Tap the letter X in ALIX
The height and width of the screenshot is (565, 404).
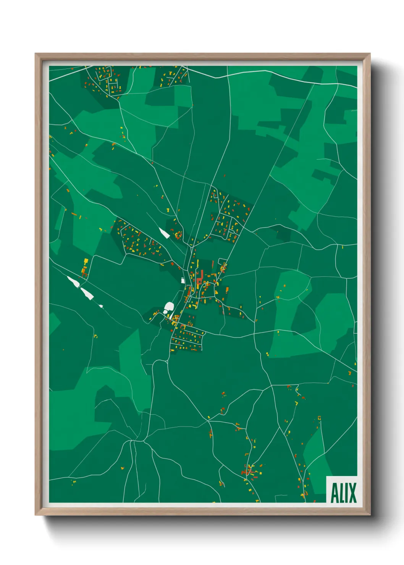point(352,493)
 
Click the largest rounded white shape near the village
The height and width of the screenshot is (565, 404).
point(169,306)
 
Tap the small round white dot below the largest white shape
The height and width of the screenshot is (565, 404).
point(165,312)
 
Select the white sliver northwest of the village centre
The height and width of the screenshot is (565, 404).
point(164,232)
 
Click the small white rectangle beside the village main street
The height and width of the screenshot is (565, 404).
point(183,281)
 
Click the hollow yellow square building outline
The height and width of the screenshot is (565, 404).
point(319,418)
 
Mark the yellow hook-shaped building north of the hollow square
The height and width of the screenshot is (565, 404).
point(296,403)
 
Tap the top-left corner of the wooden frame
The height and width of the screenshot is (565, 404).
point(36,54)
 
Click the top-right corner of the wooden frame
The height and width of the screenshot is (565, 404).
point(370,54)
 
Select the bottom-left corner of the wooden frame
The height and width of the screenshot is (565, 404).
point(36,515)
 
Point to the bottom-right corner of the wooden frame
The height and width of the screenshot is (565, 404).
point(370,515)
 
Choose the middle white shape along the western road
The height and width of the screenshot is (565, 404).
point(87,293)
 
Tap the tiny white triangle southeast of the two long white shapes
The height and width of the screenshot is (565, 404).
point(101,306)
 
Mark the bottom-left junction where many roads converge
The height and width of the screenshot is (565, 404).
point(133,441)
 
